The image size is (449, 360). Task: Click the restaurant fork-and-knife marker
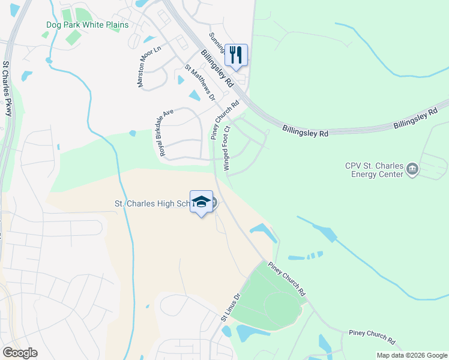coord(237,55)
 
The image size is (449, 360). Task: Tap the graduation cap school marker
coord(202,202)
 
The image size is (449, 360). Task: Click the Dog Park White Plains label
coord(87,25)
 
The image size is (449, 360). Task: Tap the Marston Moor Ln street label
coord(149,67)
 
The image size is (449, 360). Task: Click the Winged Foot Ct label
coord(227,148)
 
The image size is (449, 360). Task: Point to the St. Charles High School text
coord(153,203)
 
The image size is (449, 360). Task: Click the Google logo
coord(20,353)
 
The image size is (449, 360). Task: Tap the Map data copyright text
coord(411,355)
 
